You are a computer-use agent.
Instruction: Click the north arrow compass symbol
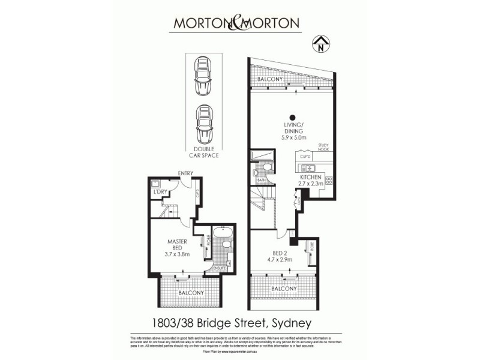[x=322, y=43]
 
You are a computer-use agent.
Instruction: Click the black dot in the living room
[x=293, y=118]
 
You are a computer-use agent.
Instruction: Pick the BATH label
[x=262, y=179]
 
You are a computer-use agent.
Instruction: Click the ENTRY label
[x=185, y=175]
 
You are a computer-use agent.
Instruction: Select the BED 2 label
[x=278, y=253]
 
